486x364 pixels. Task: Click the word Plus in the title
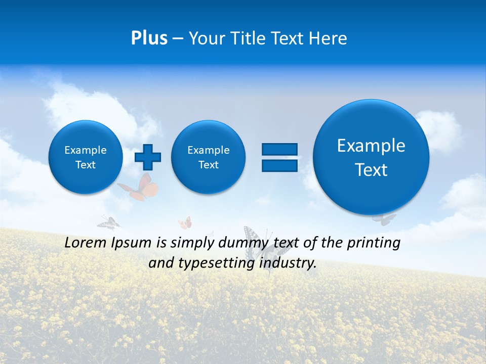point(149,38)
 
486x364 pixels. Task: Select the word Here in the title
point(329,38)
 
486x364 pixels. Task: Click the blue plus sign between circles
point(148,157)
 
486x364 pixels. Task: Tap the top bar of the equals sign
point(279,149)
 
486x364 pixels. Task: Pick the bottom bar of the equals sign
point(279,166)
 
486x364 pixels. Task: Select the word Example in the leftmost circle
point(86,150)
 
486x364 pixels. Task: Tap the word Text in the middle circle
point(209,165)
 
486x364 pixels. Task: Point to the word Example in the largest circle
point(371,146)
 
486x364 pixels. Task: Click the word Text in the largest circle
point(371,170)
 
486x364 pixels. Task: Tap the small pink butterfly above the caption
point(185,223)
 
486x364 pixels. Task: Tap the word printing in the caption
point(374,243)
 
